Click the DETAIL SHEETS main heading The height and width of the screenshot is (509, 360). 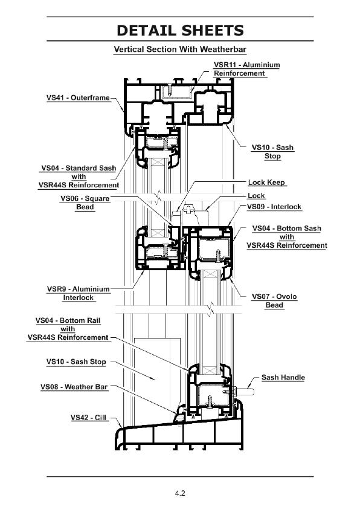(180, 30)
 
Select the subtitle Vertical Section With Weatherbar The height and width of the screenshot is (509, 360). (180, 50)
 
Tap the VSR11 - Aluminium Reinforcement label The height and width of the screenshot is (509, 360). (246, 69)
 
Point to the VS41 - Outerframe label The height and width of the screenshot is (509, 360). (78, 98)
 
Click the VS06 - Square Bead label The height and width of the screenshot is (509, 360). (85, 203)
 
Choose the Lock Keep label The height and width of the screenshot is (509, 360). (266, 183)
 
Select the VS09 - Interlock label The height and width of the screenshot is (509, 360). (274, 207)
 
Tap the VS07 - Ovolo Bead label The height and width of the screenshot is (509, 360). (274, 301)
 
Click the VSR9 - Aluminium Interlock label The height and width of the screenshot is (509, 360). (78, 293)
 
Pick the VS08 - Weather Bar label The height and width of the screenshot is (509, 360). (74, 387)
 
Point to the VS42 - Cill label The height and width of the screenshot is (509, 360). (89, 418)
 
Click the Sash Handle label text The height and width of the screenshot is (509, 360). (283, 377)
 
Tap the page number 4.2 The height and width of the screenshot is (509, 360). (180, 493)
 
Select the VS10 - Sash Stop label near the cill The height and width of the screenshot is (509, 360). (76, 361)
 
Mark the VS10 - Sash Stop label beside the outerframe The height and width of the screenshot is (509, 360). (273, 152)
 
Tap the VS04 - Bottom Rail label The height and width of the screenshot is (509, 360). (68, 329)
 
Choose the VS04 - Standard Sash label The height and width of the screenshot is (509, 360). (79, 177)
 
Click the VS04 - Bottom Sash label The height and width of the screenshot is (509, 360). (287, 237)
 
